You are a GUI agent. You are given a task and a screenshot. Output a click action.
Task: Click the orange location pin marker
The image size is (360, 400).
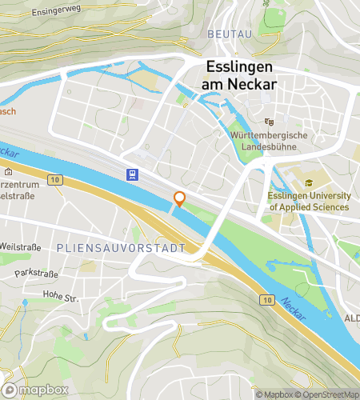pos(180,200)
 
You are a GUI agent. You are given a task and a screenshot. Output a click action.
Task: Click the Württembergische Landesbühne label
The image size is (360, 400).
pos(270,142)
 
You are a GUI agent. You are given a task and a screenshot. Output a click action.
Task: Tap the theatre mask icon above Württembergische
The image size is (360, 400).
pos(270,122)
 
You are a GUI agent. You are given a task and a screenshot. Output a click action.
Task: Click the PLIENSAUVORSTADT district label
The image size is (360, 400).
pos(121,249)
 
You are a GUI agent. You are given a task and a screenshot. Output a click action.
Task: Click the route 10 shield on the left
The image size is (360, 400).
pos(54,182)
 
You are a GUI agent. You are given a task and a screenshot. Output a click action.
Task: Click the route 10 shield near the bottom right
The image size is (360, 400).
pos(265,299)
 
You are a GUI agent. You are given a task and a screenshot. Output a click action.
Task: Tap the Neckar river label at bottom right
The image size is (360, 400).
pos(294,309)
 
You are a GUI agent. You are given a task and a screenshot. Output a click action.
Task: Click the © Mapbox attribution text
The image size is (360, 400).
pos(274,394)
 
